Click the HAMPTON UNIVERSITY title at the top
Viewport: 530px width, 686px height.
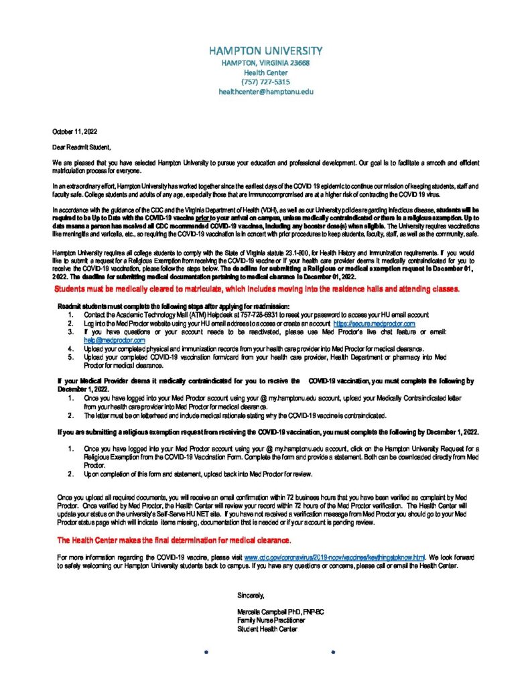pos(265,51)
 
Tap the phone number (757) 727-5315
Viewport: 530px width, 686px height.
pos(266,82)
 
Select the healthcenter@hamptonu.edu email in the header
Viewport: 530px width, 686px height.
pos(266,91)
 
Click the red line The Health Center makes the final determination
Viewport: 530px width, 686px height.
pos(174,540)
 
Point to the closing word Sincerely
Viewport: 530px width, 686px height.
pos(251,595)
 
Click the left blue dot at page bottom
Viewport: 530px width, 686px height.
pos(206,651)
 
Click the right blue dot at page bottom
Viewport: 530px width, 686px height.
pos(333,651)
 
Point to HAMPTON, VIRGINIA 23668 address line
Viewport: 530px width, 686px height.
pos(266,63)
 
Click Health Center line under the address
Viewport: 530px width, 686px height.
pos(266,72)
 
